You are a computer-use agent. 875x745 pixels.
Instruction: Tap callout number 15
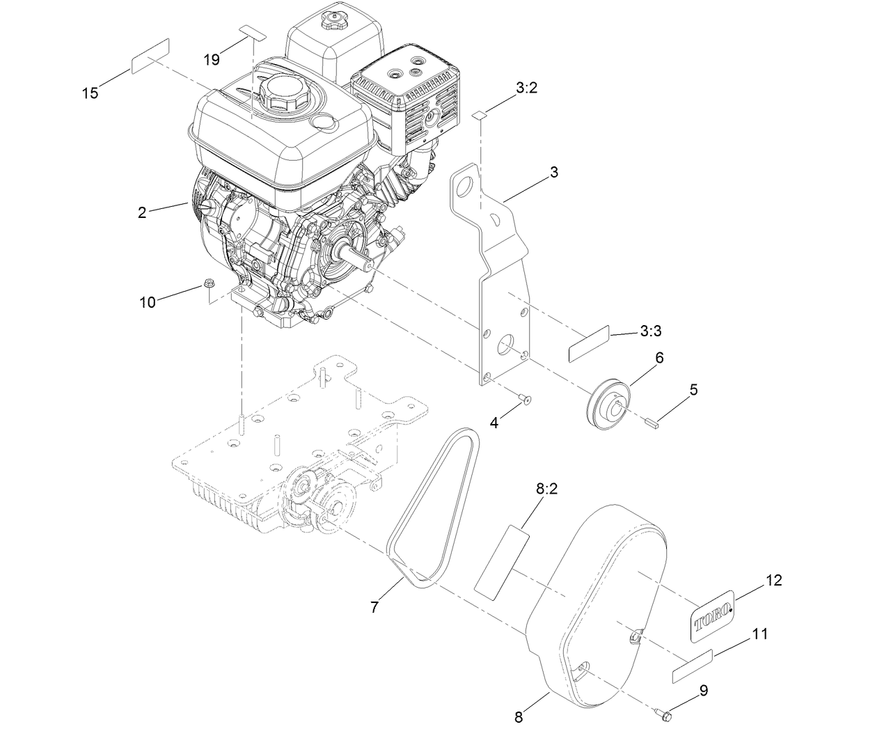90,93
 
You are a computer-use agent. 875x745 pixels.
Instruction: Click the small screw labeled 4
524,399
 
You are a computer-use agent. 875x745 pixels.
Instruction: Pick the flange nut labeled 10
208,283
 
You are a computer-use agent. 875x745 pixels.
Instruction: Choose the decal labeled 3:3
589,343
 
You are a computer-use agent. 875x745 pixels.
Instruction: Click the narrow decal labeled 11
693,666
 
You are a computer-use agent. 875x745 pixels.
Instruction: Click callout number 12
773,580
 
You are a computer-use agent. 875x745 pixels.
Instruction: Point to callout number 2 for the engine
142,213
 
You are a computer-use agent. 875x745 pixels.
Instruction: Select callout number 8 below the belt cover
519,716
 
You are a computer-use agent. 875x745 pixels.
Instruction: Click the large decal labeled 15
150,56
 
